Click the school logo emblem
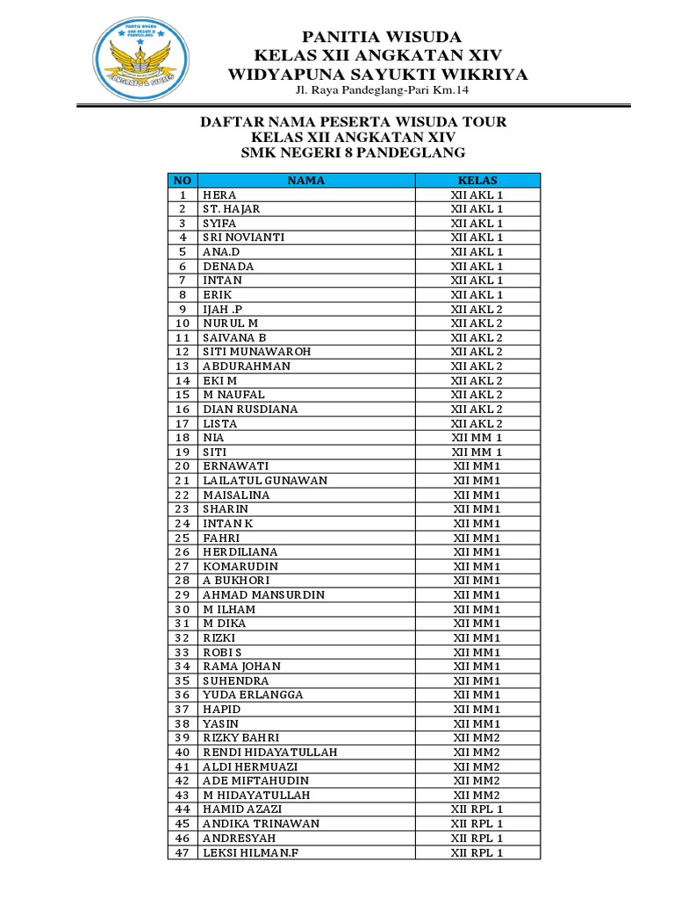[x=141, y=60]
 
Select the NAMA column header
[x=305, y=181]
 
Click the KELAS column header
[x=477, y=181]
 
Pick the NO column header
[x=183, y=181]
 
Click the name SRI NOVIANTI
[x=244, y=238]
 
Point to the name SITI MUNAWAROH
[x=257, y=352]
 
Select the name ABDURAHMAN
[x=247, y=366]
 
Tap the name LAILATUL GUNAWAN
[x=265, y=481]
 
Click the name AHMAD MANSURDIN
[x=264, y=595]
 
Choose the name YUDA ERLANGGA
[x=254, y=695]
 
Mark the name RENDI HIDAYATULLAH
[x=270, y=752]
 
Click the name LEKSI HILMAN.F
[x=251, y=852]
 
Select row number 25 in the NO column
[x=183, y=538]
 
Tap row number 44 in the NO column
[x=183, y=809]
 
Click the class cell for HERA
[x=477, y=195]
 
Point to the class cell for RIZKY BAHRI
[x=477, y=738]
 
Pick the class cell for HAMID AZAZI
[x=477, y=809]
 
